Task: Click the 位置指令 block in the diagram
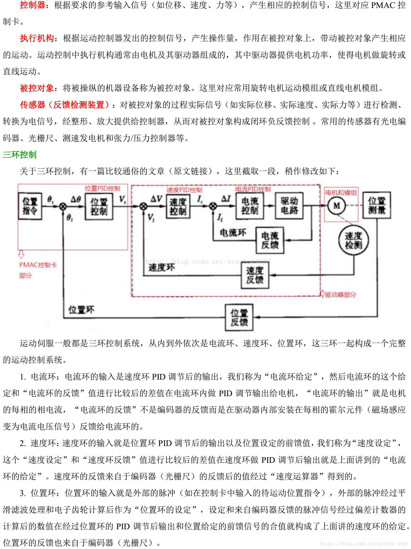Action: [x=30, y=206]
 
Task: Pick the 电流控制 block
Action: [x=250, y=206]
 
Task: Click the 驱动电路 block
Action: [x=289, y=206]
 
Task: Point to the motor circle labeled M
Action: [x=337, y=206]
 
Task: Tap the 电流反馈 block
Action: [x=270, y=240]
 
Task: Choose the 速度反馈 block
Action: [x=255, y=275]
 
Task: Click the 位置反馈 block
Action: [x=239, y=317]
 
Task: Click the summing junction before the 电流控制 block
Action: [x=213, y=206]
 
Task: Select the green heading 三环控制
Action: [x=19, y=155]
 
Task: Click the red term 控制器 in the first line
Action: [x=32, y=5]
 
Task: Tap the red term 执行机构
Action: [x=37, y=38]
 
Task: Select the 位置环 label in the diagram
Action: [x=81, y=310]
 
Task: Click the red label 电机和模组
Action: [x=341, y=193]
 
